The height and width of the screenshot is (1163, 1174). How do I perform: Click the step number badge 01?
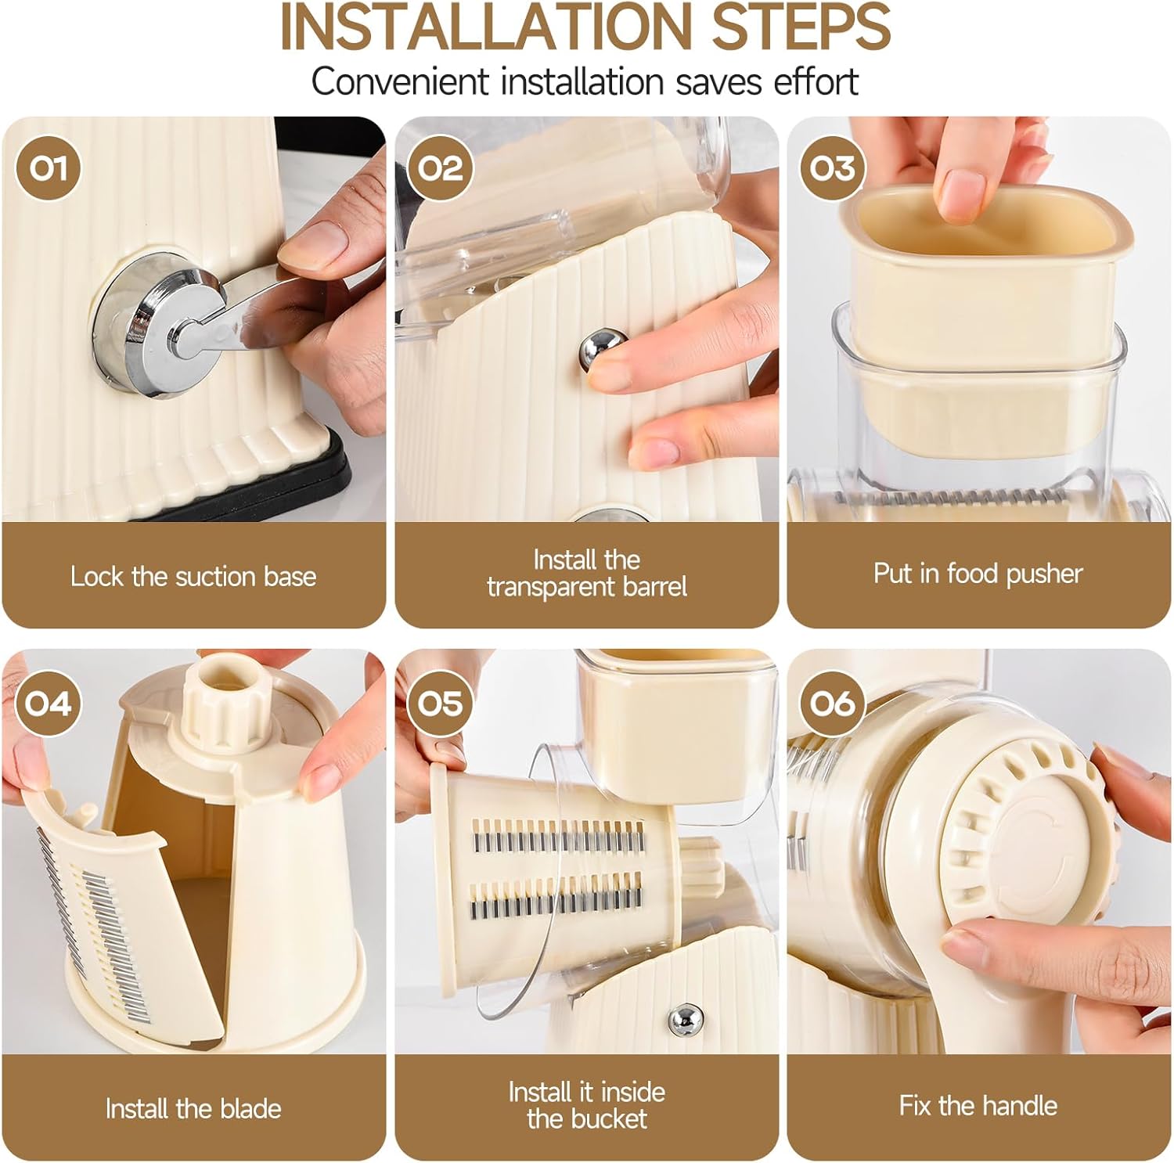(x=49, y=168)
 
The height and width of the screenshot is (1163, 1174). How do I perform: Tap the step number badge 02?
(x=441, y=168)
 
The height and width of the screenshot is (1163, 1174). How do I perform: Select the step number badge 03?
(x=833, y=168)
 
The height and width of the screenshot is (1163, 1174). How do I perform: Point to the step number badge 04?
(x=49, y=704)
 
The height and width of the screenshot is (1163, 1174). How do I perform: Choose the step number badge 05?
(x=441, y=704)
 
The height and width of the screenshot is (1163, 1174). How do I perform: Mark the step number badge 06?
(x=833, y=704)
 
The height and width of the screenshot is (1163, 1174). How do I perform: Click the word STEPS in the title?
(x=792, y=27)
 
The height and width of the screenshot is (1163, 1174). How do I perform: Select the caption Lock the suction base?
(x=193, y=577)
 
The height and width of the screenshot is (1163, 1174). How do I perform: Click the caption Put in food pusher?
(x=978, y=574)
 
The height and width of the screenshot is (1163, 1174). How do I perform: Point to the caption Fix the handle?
(x=978, y=1106)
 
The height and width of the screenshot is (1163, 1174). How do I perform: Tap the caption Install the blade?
(x=193, y=1109)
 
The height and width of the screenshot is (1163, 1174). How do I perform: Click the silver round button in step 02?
(x=603, y=350)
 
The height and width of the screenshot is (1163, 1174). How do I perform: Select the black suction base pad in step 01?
(x=360, y=470)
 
